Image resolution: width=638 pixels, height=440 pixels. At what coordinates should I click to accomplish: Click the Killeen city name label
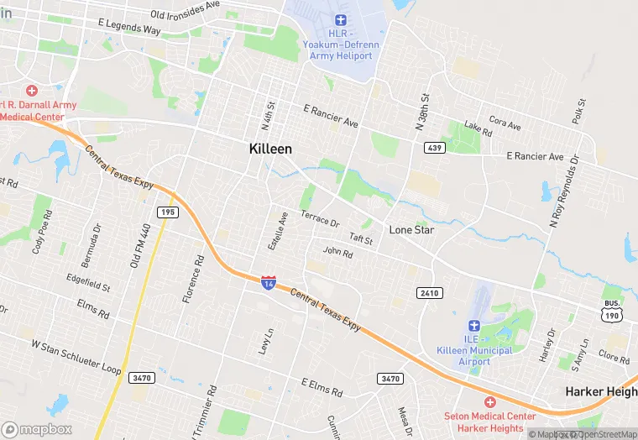270,149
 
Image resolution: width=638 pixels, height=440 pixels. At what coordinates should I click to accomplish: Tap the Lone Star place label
411,229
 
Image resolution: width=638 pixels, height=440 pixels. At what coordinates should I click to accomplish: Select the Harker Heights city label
601,391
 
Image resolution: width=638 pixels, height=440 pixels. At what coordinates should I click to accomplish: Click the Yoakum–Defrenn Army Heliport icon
340,19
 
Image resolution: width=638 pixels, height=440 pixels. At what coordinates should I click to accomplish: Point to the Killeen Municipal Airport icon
473,325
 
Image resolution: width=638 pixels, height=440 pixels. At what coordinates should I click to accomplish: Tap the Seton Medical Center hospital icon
490,403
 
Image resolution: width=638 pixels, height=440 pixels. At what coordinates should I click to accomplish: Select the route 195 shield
167,212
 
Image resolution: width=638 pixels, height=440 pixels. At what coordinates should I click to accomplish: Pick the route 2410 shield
427,291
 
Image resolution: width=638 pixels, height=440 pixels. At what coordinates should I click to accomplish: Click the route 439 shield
435,148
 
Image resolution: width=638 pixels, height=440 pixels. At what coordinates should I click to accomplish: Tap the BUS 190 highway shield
612,310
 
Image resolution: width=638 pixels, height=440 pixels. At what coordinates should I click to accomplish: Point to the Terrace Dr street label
320,220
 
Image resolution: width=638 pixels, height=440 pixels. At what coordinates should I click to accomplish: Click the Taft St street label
361,239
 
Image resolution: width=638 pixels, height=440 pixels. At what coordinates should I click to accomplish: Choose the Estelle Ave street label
278,228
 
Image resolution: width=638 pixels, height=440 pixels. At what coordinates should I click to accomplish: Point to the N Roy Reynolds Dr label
563,191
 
